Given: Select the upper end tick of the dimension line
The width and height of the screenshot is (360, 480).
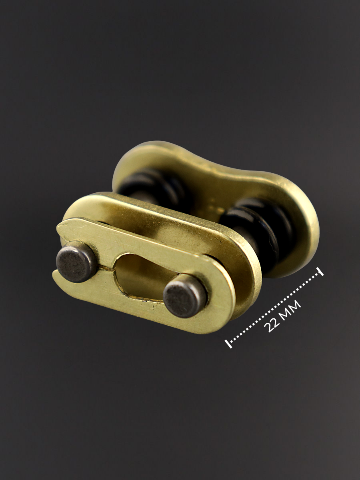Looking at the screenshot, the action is tap(321, 272).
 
